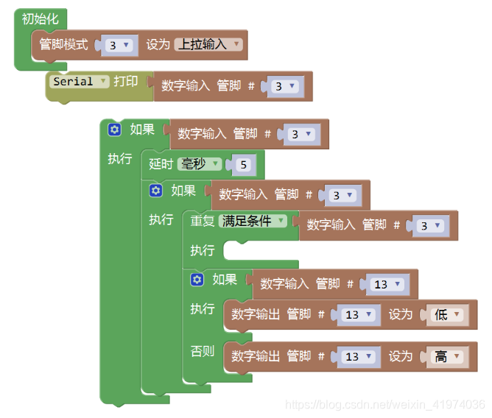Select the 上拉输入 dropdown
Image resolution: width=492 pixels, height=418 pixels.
click(x=208, y=45)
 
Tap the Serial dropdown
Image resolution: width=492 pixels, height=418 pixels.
click(x=80, y=82)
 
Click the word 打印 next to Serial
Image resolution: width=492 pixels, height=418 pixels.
click(x=125, y=82)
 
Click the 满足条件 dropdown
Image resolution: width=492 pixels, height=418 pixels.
click(x=253, y=222)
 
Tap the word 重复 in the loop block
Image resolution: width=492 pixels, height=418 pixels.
click(x=203, y=222)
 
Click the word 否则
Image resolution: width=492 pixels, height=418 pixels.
click(x=203, y=351)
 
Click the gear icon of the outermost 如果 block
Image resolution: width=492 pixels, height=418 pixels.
click(x=114, y=130)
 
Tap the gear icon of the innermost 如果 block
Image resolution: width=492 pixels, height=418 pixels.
click(x=197, y=280)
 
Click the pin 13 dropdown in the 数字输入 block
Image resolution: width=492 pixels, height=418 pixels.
click(x=387, y=284)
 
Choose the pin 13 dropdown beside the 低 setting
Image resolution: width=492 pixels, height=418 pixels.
click(x=358, y=315)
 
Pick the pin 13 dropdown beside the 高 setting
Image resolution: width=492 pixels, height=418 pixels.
click(x=358, y=357)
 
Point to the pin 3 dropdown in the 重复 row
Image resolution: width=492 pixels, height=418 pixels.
click(x=429, y=226)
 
